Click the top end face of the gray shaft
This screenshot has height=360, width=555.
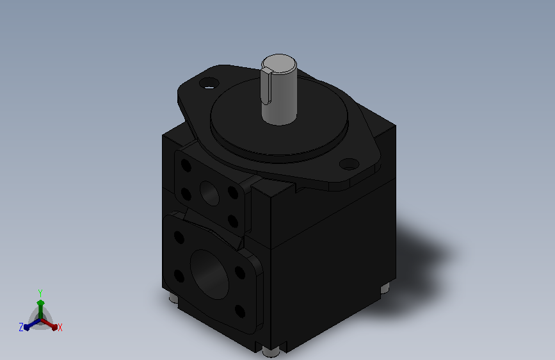(279, 64)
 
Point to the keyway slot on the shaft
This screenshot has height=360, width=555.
(266, 87)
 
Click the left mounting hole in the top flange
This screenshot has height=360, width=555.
(209, 84)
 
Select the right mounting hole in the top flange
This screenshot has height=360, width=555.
(349, 164)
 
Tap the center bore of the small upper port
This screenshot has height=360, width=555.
(209, 193)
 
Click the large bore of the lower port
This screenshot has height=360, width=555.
(209, 274)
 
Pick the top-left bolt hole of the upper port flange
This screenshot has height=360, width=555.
(186, 165)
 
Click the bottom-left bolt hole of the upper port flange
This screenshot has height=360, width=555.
(186, 194)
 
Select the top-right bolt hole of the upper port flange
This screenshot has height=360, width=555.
(233, 192)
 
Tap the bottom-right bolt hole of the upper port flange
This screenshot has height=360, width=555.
(233, 221)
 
